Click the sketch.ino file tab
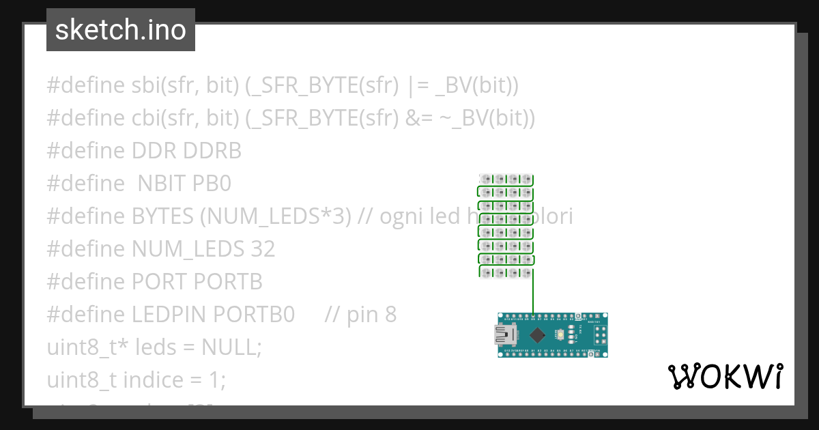coord(121,30)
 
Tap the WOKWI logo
coord(725,376)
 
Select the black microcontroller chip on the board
coord(538,334)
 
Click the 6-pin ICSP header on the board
coord(601,334)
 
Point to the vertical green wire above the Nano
coord(533,292)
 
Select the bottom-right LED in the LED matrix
coord(526,273)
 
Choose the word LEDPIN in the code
coord(170,315)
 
